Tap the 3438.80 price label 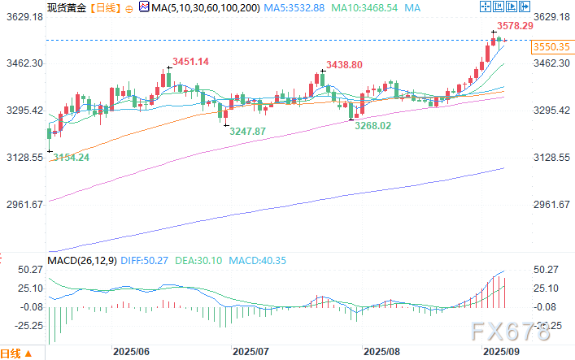[344, 63]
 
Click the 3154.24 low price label [70, 157]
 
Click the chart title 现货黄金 [67, 8]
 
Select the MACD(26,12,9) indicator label [80, 261]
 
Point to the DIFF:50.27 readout [144, 261]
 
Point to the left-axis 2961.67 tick [24, 204]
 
